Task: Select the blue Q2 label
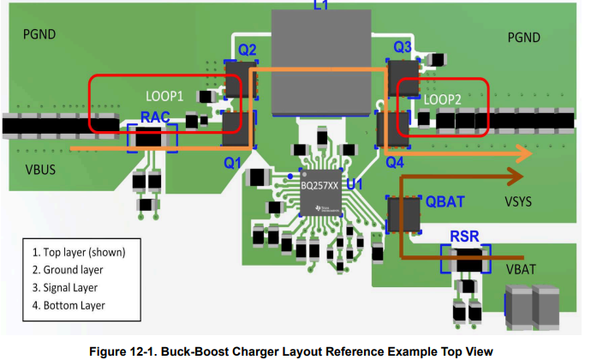coord(247,50)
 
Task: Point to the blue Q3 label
coord(403,46)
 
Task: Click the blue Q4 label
coord(395,160)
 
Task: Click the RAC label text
coord(152,117)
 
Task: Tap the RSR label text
coord(463,236)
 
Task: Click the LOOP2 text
coord(444,99)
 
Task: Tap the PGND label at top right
coord(524,38)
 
